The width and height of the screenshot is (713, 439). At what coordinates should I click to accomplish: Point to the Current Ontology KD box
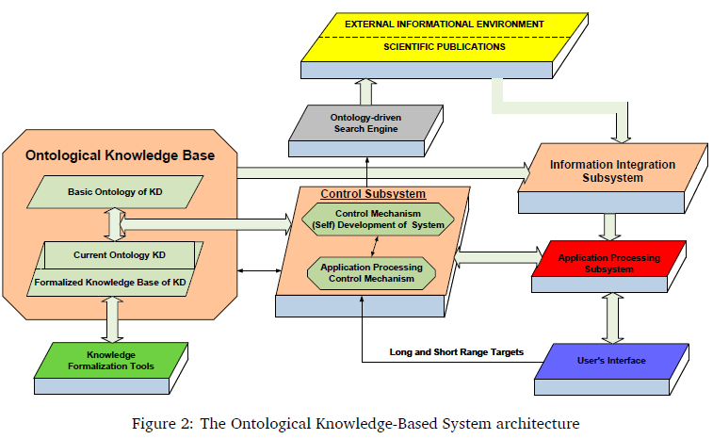(x=119, y=254)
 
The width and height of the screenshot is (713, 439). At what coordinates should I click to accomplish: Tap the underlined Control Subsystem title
(x=373, y=194)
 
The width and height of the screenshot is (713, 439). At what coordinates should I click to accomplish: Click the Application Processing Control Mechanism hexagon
(x=371, y=273)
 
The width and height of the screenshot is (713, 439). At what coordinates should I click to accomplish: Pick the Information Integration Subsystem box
(x=612, y=171)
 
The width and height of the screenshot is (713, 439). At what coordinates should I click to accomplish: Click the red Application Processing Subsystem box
(x=609, y=263)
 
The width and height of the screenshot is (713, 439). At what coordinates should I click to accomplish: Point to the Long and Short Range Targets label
(x=455, y=353)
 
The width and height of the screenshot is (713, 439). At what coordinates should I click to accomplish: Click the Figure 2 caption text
(x=356, y=424)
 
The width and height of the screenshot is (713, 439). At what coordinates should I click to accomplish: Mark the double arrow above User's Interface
(x=611, y=317)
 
